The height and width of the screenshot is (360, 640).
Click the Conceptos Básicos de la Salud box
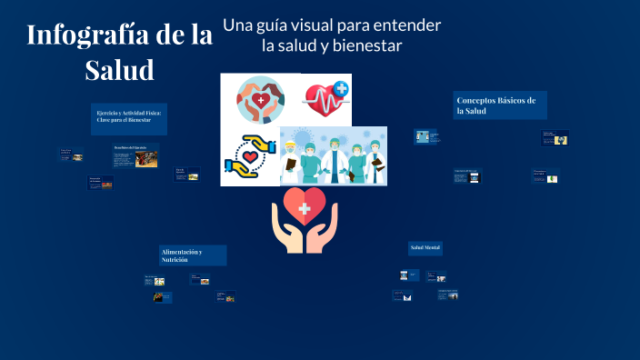(x=500, y=105)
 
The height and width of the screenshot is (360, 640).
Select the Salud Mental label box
(x=425, y=247)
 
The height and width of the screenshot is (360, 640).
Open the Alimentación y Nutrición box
(x=193, y=255)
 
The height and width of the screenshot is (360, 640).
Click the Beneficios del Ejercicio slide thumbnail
(x=135, y=155)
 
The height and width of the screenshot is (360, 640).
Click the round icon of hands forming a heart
(x=260, y=100)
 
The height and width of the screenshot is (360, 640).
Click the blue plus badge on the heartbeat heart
(x=341, y=89)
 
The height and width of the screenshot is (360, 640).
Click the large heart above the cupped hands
(x=305, y=205)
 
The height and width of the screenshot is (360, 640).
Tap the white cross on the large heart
(x=305, y=207)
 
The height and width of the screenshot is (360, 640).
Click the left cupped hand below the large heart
(x=285, y=231)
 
